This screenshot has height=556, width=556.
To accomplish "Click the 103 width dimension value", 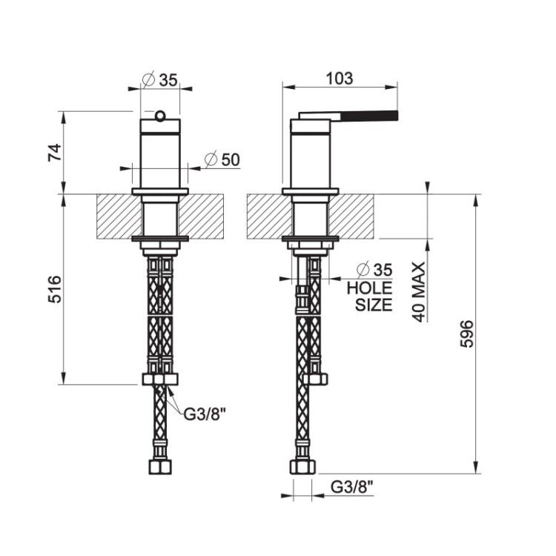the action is point(340,79).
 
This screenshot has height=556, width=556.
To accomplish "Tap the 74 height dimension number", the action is point(55,153).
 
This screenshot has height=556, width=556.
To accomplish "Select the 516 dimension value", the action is point(55,289).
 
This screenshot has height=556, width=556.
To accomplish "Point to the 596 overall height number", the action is point(467,334).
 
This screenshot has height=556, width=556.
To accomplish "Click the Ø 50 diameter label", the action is point(222,159).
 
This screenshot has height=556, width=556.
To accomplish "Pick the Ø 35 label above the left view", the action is point(159,80).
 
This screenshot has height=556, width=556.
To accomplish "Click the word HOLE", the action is point(369,288).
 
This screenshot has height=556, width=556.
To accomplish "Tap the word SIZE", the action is point(374,305).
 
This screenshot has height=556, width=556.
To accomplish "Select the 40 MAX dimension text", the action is point(419,292).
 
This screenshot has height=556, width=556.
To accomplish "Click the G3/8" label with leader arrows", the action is point(205,414).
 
